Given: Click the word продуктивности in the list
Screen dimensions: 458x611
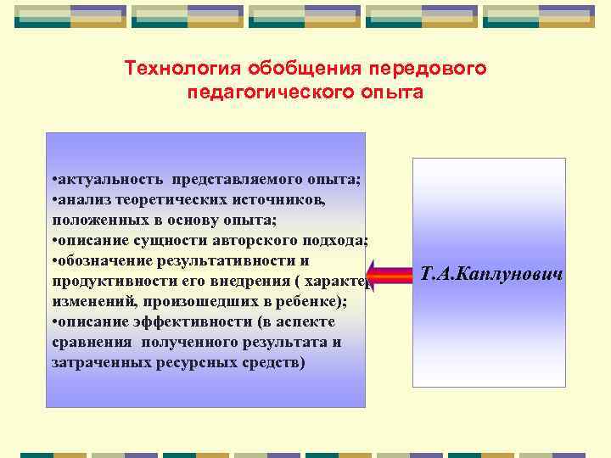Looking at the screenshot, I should click(108, 281).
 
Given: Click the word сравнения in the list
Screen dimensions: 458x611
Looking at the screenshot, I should click(88, 343).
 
